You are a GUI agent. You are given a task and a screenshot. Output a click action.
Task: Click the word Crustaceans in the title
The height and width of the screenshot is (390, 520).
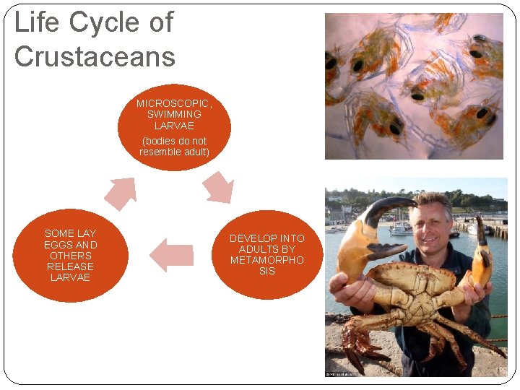pyautogui.click(x=95, y=56)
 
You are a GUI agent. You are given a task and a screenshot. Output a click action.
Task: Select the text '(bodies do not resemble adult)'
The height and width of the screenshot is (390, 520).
pyautogui.click(x=173, y=146)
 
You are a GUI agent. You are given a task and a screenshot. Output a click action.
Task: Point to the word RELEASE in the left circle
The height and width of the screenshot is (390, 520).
pyautogui.click(x=70, y=266)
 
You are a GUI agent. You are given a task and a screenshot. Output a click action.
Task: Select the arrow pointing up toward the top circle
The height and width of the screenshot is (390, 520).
pyautogui.click(x=121, y=193)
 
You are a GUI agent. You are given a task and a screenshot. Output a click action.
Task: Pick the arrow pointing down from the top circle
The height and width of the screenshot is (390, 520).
pyautogui.click(x=217, y=188)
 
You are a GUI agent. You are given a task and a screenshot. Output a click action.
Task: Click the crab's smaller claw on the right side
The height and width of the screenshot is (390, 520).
pyautogui.click(x=480, y=260)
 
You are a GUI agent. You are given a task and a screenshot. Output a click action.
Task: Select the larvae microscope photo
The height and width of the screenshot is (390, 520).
pyautogui.click(x=414, y=86)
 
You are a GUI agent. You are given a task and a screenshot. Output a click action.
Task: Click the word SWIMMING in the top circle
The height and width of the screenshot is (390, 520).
pyautogui.click(x=174, y=114)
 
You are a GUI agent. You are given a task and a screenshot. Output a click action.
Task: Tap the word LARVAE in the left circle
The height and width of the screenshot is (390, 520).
pyautogui.click(x=70, y=277)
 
